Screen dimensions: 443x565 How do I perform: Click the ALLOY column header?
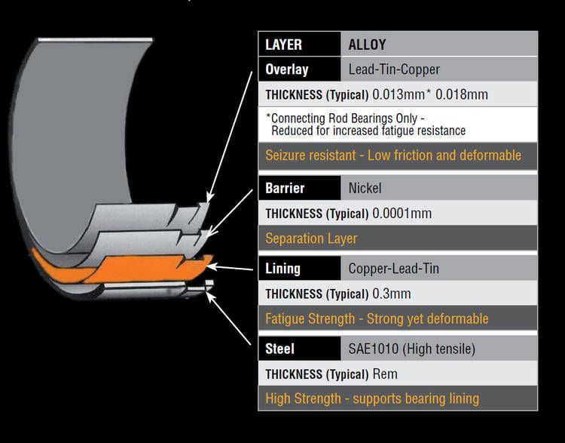(x=367, y=45)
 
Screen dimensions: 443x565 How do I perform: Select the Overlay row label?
(x=287, y=69)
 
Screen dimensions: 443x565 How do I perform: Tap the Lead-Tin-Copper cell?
(x=394, y=69)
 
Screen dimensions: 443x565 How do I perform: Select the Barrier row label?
(x=284, y=187)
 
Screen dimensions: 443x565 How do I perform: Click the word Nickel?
(x=365, y=187)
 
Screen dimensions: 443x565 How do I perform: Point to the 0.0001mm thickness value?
(x=402, y=214)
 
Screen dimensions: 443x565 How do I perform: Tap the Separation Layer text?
(x=311, y=238)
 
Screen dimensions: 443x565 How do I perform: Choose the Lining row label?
(x=282, y=268)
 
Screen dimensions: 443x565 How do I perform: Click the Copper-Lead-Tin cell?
(x=394, y=268)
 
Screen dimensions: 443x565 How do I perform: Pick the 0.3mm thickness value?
(x=392, y=294)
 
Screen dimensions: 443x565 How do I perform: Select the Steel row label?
(x=279, y=349)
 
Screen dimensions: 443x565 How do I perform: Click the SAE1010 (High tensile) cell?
(x=411, y=349)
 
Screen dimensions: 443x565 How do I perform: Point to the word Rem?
(x=385, y=374)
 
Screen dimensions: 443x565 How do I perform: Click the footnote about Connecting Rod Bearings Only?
(x=365, y=125)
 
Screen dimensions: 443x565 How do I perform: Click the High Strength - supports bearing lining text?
(x=372, y=398)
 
